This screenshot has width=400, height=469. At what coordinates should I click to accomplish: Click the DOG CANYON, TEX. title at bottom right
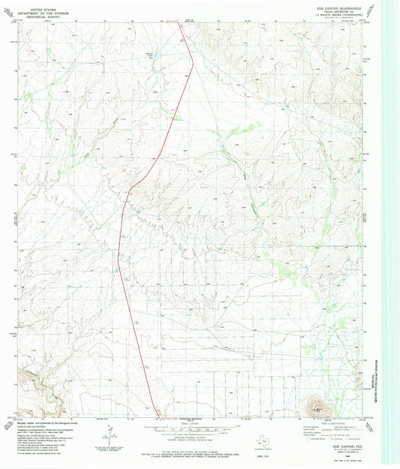pyautogui.click(x=347, y=445)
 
